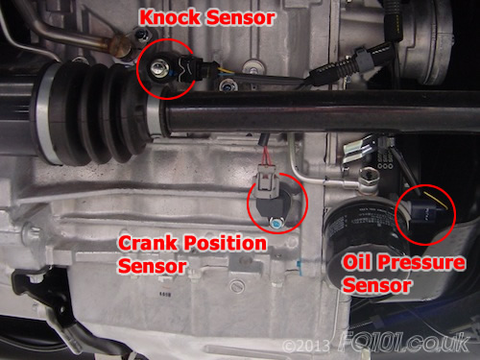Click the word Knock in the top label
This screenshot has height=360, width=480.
click(170, 17)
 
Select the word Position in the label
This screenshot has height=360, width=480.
click(225, 243)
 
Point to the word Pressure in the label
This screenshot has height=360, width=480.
click(421, 262)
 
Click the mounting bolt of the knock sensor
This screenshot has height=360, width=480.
click(156, 68)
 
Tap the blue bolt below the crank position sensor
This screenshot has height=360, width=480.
click(275, 223)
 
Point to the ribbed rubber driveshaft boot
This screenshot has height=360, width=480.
click(96, 112)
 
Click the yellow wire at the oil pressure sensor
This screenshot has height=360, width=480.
click(437, 201)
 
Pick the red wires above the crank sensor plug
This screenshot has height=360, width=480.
click(267, 156)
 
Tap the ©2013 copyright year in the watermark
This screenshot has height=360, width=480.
click(306, 346)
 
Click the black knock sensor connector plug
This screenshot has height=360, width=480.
click(192, 68)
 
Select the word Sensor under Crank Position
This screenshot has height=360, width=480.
click(152, 266)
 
